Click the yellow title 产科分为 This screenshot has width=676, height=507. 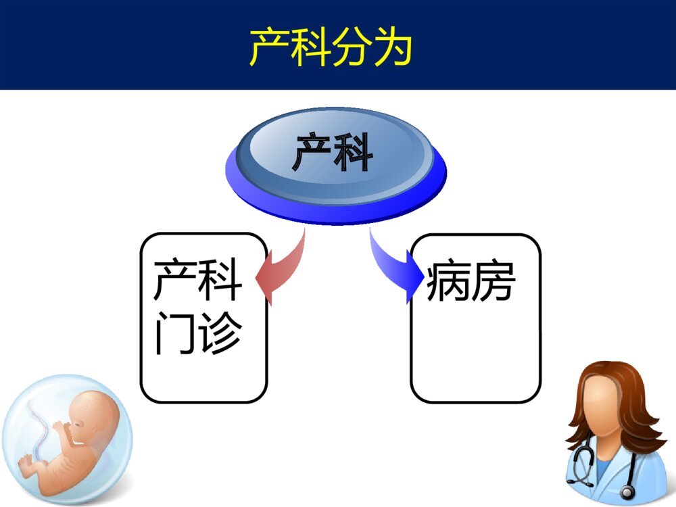click(x=331, y=47)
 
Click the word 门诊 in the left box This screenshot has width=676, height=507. click(x=197, y=332)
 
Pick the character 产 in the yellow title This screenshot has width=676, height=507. click(x=270, y=47)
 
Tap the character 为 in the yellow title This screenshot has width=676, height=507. click(x=391, y=47)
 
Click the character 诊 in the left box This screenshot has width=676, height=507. click(x=219, y=332)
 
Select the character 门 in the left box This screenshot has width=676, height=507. click(x=174, y=332)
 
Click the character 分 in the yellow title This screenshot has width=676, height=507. click(x=351, y=47)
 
